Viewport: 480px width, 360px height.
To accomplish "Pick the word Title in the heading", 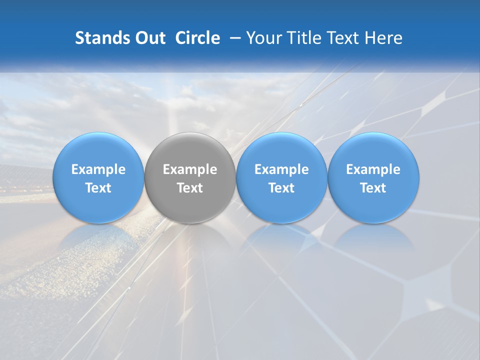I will pos(303,38).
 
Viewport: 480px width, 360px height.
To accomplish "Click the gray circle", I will pos(190,150).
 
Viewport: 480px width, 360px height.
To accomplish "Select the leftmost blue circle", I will pos(98,150).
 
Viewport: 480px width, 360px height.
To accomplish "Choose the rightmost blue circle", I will pos(373,150).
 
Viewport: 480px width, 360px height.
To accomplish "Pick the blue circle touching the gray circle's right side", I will pos(281,150).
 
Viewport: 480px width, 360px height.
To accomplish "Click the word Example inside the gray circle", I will pos(190,170).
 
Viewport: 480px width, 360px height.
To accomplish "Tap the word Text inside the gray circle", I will pos(190,188).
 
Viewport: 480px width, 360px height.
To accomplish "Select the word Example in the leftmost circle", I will pos(98,170).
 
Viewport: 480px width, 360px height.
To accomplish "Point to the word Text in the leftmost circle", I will pos(98,188).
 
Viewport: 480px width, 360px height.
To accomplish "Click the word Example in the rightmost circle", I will pos(373,170).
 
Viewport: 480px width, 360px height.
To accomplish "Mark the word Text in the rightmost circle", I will pos(373,188).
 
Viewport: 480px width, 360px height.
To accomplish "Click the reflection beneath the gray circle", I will pos(190,237).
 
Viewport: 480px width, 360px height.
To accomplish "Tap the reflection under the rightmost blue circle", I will pos(373,237).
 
